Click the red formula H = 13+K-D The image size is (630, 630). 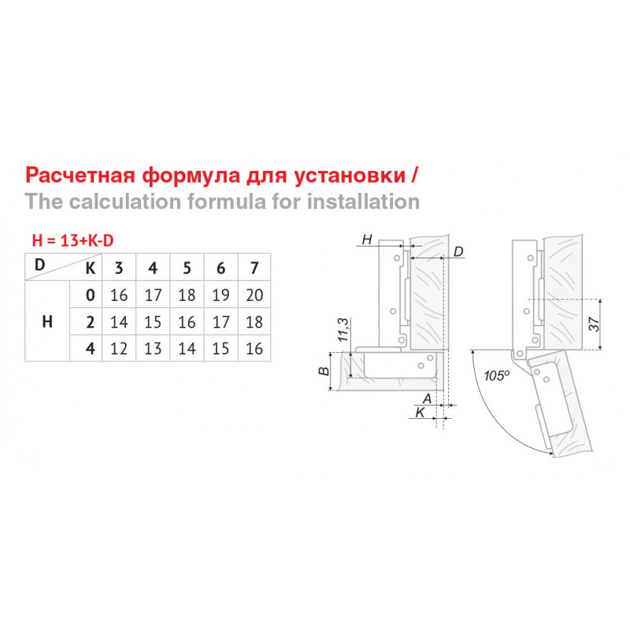coord(72,240)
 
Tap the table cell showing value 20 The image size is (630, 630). coord(254,295)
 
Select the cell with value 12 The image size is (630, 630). coord(119,348)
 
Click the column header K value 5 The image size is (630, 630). coord(187,268)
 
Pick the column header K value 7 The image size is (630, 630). coord(254,268)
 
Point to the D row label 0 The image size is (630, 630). coord(91,295)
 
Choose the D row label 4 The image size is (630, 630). coord(91,348)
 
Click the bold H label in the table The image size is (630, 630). coord(47,321)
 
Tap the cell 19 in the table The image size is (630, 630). coord(220,295)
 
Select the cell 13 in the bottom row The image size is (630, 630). coord(153,348)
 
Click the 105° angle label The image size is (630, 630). coord(497,376)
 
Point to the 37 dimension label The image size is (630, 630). coord(595,324)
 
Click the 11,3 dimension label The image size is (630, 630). coord(343,329)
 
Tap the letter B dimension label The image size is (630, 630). coord(324,370)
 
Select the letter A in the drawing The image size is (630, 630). coord(427,398)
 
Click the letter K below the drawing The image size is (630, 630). coord(421,412)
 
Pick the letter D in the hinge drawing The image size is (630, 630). coord(458,252)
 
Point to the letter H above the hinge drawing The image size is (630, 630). coord(367,239)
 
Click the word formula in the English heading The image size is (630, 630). coord(226,202)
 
